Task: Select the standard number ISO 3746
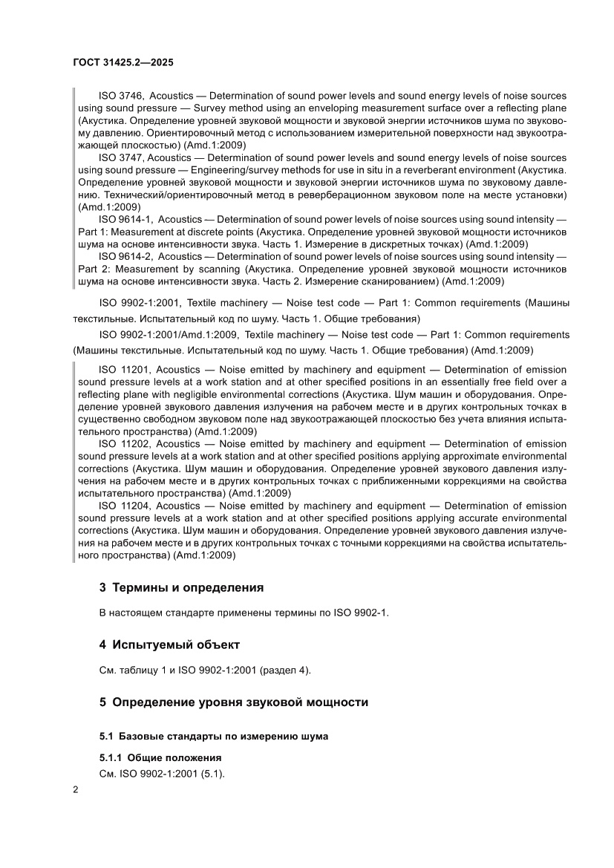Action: coord(121,96)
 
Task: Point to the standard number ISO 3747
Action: coord(121,158)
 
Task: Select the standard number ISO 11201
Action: coord(124,370)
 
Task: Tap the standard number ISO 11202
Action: coord(124,444)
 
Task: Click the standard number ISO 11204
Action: coord(124,506)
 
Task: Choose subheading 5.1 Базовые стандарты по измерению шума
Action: coord(214,737)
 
